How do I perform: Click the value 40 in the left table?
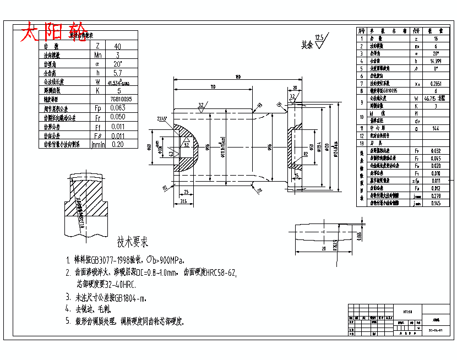pos(117,46)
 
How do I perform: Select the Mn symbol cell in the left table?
pos(97,55)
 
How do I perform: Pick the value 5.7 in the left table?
pos(117,73)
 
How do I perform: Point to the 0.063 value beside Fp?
pos(118,108)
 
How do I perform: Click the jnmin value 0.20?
pos(117,144)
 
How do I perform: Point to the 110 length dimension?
pos(212,87)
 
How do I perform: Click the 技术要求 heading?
pos(133,242)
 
